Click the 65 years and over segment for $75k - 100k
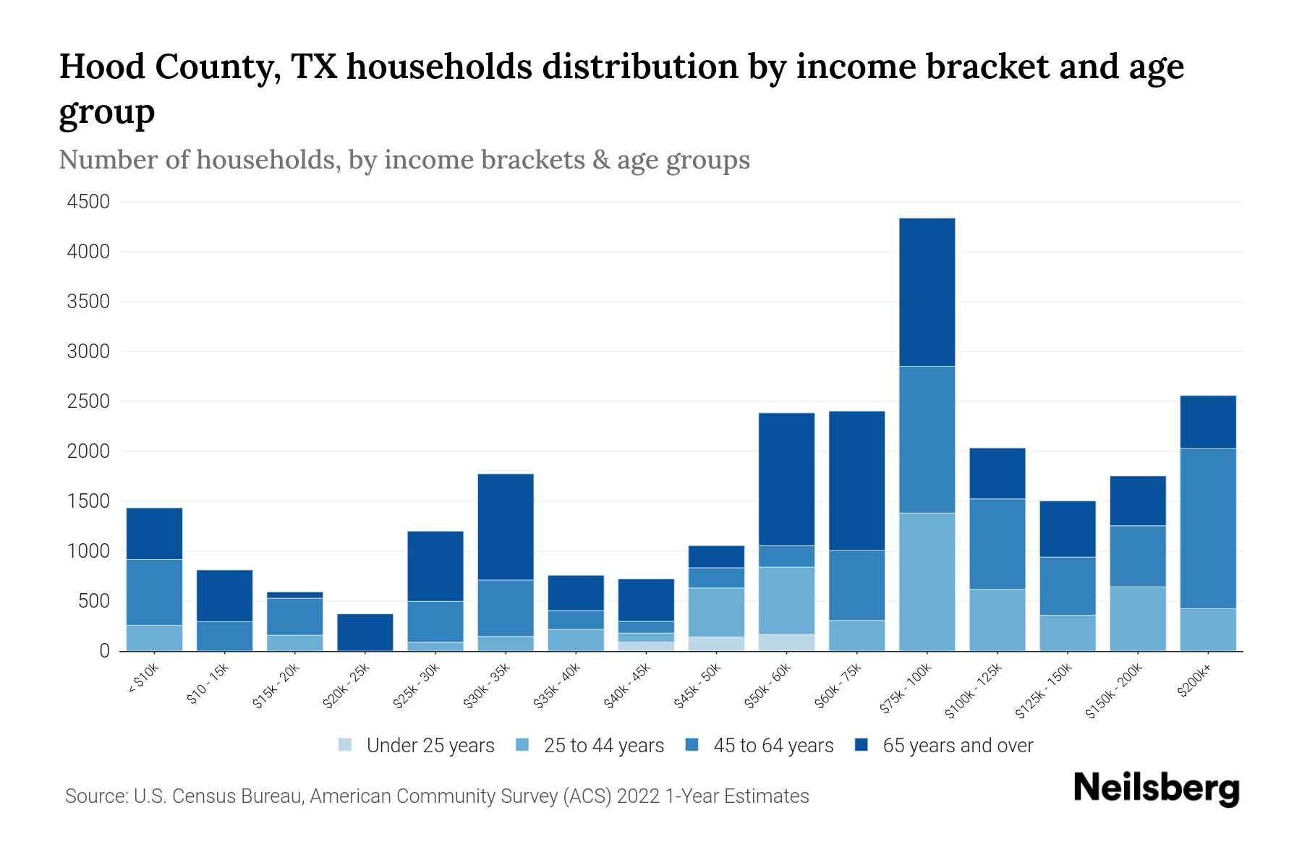tap(927, 292)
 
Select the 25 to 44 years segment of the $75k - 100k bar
tap(927, 582)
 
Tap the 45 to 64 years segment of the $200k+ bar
tap(1207, 528)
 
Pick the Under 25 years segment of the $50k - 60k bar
tap(786, 642)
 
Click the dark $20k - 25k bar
tap(365, 631)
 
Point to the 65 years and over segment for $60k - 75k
tap(856, 480)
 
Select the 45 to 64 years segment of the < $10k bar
tap(154, 592)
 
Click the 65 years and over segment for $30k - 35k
tap(506, 527)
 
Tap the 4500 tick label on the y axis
tap(88, 202)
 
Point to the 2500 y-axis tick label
tap(88, 401)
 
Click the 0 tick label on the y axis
tap(104, 651)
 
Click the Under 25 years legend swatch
tap(345, 745)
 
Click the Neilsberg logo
tap(1156, 788)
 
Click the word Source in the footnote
tap(95, 796)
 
